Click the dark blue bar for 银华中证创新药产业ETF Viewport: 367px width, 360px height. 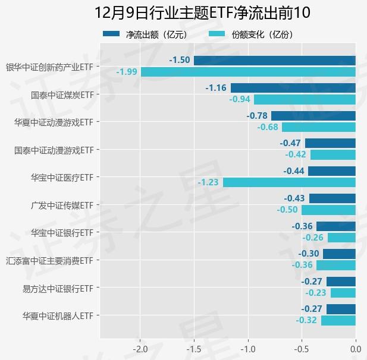pyautogui.click(x=274, y=60)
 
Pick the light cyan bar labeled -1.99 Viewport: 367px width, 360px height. pyautogui.click(x=248, y=72)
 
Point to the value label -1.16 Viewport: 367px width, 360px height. pyautogui.click(x=216, y=88)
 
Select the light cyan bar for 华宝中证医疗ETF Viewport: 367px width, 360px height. pyautogui.click(x=289, y=182)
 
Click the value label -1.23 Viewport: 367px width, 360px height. pyautogui.click(x=208, y=182)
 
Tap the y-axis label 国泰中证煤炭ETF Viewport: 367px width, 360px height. pyautogui.click(x=62, y=94)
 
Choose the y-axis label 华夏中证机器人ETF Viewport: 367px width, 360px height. pyautogui.click(x=58, y=315)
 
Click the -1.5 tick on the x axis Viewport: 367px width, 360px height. pyautogui.click(x=194, y=348)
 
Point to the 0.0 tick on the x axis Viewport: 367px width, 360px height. pyautogui.click(x=355, y=348)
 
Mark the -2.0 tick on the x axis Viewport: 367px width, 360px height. pyautogui.click(x=140, y=348)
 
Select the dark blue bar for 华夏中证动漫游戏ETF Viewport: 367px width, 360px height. pyautogui.click(x=313, y=115)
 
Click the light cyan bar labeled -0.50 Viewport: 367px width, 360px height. pyautogui.click(x=328, y=210)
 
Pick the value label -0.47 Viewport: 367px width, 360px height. pyautogui.click(x=291, y=143)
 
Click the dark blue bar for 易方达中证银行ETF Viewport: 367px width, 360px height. pyautogui.click(x=341, y=281)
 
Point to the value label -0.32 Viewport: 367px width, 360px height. pyautogui.click(x=306, y=320)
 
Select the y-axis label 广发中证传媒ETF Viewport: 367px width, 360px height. pyautogui.click(x=62, y=205)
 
